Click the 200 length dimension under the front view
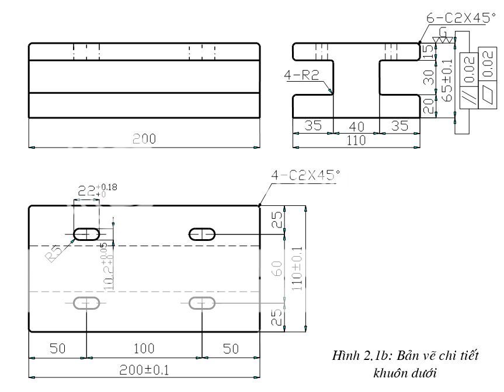coord(144,139)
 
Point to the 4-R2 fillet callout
coord(304,75)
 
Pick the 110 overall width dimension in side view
coord(356,140)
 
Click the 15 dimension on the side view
coord(429,51)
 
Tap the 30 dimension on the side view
coord(429,77)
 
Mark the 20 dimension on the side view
coord(429,106)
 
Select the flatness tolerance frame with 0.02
coord(487,76)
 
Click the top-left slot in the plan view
coord(86,235)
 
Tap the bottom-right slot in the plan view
coord(202,303)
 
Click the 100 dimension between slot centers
coord(144,349)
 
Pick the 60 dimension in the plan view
coord(278,268)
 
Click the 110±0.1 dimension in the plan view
coord(298,268)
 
